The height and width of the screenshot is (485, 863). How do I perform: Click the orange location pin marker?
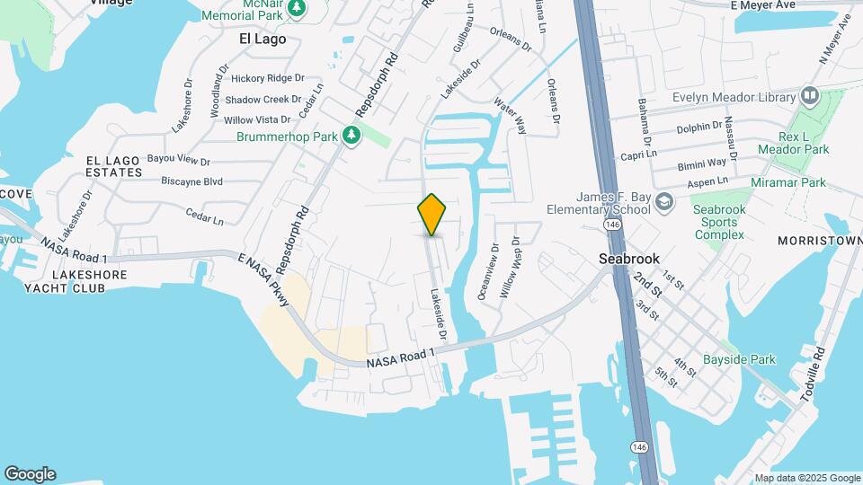click(x=432, y=215)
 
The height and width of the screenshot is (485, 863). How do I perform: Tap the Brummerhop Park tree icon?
click(x=353, y=136)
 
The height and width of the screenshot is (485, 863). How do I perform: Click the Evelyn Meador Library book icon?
click(x=809, y=96)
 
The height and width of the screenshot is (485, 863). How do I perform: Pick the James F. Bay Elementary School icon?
click(x=664, y=201)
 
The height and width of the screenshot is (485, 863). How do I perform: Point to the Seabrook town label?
click(x=629, y=258)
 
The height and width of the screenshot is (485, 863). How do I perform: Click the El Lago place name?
click(x=262, y=39)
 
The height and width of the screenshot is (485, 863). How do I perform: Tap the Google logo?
click(x=30, y=473)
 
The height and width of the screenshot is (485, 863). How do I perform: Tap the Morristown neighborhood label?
click(x=819, y=242)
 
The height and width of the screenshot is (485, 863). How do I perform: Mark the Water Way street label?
click(x=510, y=116)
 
